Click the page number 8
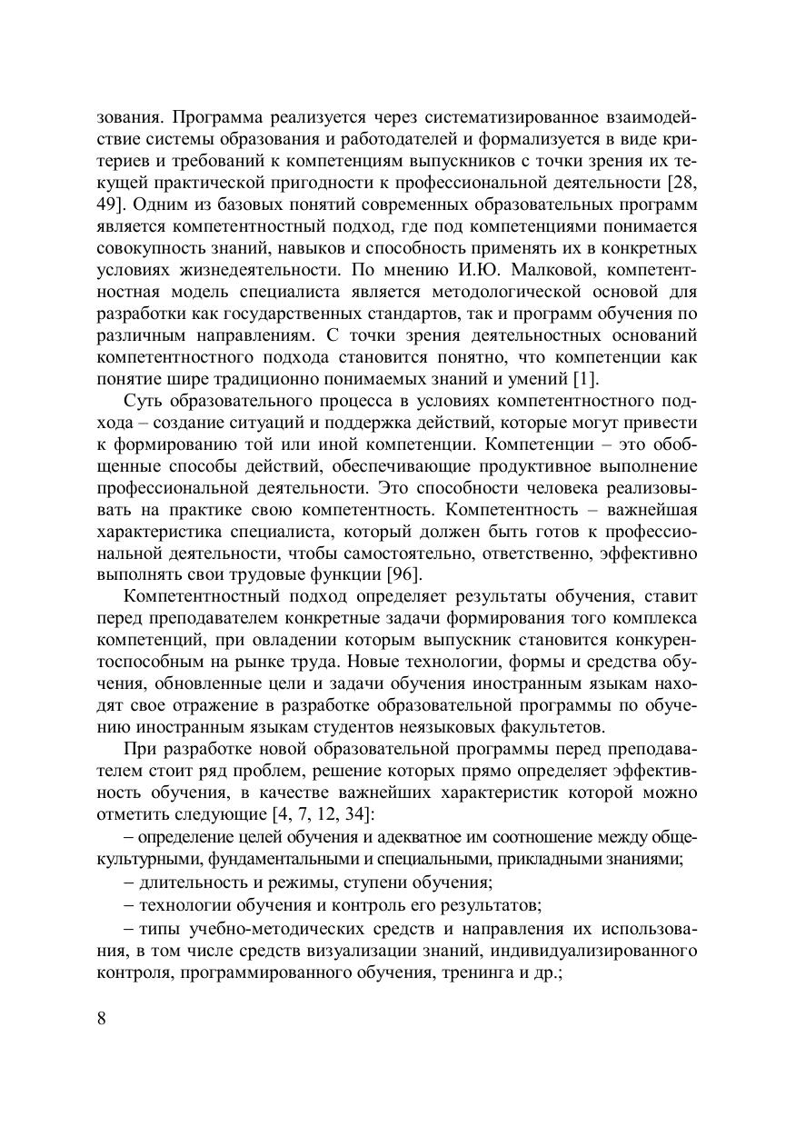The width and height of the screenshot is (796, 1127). [101, 1017]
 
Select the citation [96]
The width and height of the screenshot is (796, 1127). [404, 573]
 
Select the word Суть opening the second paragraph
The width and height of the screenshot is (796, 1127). [141, 402]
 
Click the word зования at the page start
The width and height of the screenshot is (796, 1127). [128, 118]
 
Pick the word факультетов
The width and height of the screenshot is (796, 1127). [532, 728]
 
